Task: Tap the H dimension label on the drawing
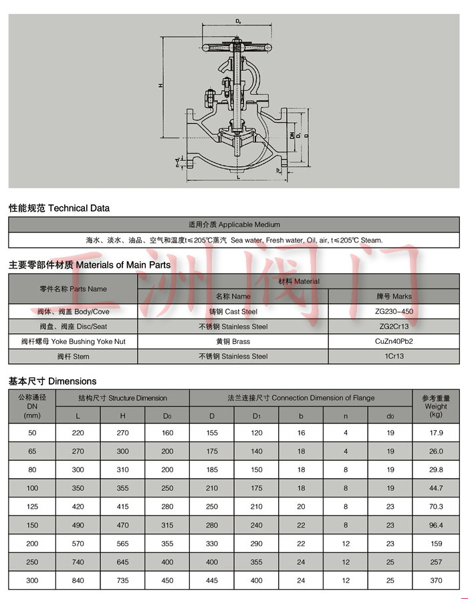click(160, 86)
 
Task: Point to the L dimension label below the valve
click(238, 178)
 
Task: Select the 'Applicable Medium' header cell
click(234, 224)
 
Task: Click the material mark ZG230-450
click(394, 312)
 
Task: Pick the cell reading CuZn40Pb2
click(394, 341)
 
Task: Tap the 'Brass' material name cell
click(233, 341)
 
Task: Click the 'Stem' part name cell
click(73, 357)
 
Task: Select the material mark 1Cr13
click(394, 357)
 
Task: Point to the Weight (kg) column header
click(436, 406)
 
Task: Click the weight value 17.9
click(436, 433)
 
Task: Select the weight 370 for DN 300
click(436, 580)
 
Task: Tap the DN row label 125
click(32, 507)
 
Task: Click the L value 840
click(78, 580)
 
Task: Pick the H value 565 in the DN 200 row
click(122, 544)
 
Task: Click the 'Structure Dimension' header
click(122, 398)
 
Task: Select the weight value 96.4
click(436, 525)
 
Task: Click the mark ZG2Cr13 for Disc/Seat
click(394, 327)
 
